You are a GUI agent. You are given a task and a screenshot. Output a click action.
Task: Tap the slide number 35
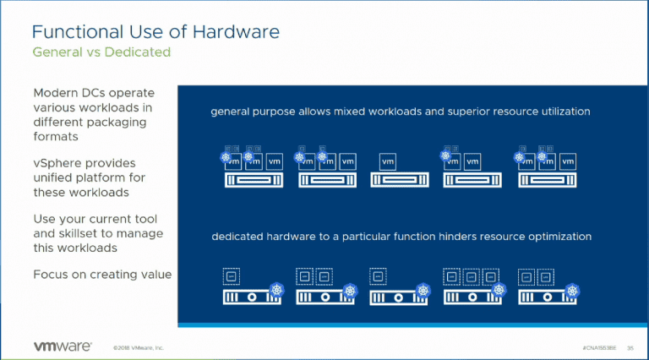click(x=630, y=347)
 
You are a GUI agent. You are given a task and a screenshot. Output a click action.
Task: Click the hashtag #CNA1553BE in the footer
click(x=599, y=347)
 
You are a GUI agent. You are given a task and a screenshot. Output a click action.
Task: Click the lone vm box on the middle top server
click(x=387, y=161)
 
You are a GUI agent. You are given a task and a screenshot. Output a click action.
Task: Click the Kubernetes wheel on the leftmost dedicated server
click(x=277, y=291)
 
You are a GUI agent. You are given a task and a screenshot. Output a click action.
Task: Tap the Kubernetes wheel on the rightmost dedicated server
click(x=573, y=291)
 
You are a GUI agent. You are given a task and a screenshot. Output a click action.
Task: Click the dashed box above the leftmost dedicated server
click(x=230, y=275)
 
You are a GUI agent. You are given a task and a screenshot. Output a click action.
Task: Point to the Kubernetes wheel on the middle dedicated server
click(x=424, y=291)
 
